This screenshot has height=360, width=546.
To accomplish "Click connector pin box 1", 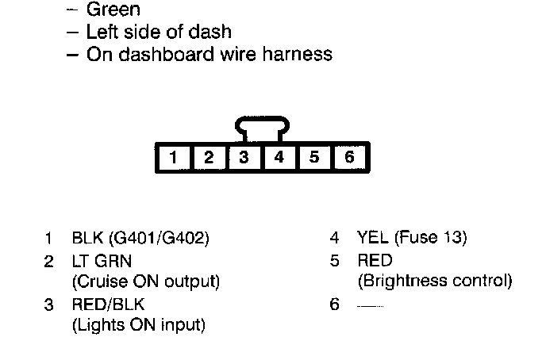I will tap(173, 157).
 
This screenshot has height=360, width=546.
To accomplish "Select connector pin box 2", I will tap(208, 157).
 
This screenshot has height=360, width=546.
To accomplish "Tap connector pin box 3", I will tap(244, 157).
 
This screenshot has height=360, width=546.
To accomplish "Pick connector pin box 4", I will tap(279, 157).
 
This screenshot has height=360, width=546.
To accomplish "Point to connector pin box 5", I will tap(314, 157).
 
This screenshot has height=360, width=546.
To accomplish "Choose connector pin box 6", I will tap(349, 157).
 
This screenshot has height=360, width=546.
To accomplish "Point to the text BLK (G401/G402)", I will tap(140, 238).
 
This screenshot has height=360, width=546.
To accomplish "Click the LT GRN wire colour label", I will tap(101, 260).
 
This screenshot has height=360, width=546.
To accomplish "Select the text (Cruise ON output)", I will tap(145, 281).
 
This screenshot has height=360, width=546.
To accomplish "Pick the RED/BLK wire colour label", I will tap(108, 303).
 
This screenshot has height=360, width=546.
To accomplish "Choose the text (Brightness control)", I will tap(435, 281).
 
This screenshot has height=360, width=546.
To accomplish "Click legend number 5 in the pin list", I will tap(335, 260).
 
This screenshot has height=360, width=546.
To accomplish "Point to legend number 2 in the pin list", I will tap(49, 260).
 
